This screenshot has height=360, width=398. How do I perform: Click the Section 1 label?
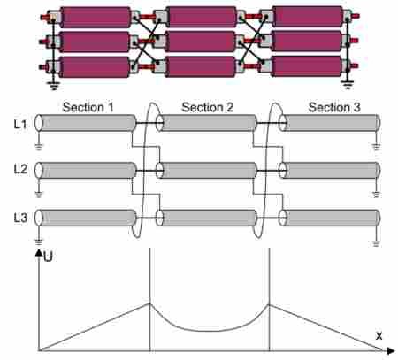88,107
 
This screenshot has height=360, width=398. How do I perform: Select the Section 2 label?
208,107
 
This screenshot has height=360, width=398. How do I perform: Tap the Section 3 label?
334,107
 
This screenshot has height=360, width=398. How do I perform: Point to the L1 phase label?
20,125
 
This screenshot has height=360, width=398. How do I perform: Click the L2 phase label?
20,169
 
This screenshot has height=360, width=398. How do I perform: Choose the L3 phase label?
20,218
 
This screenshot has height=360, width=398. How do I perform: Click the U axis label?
48,257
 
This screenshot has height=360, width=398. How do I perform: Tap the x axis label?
379,336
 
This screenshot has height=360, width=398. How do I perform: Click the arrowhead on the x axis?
391,351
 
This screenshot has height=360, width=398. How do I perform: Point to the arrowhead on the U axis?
39,252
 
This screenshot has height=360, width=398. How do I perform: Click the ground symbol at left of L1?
39,146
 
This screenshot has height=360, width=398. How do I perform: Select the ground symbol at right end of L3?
376,243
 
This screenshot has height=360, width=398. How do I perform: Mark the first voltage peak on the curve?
150,303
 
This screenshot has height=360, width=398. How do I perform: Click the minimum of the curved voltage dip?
209,331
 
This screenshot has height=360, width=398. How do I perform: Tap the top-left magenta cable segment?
96,18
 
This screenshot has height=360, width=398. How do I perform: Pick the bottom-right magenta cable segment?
307,66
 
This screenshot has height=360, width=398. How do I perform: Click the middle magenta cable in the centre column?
201,42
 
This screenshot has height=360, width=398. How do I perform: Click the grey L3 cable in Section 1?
86,218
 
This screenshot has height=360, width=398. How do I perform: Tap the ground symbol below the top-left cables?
53,86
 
